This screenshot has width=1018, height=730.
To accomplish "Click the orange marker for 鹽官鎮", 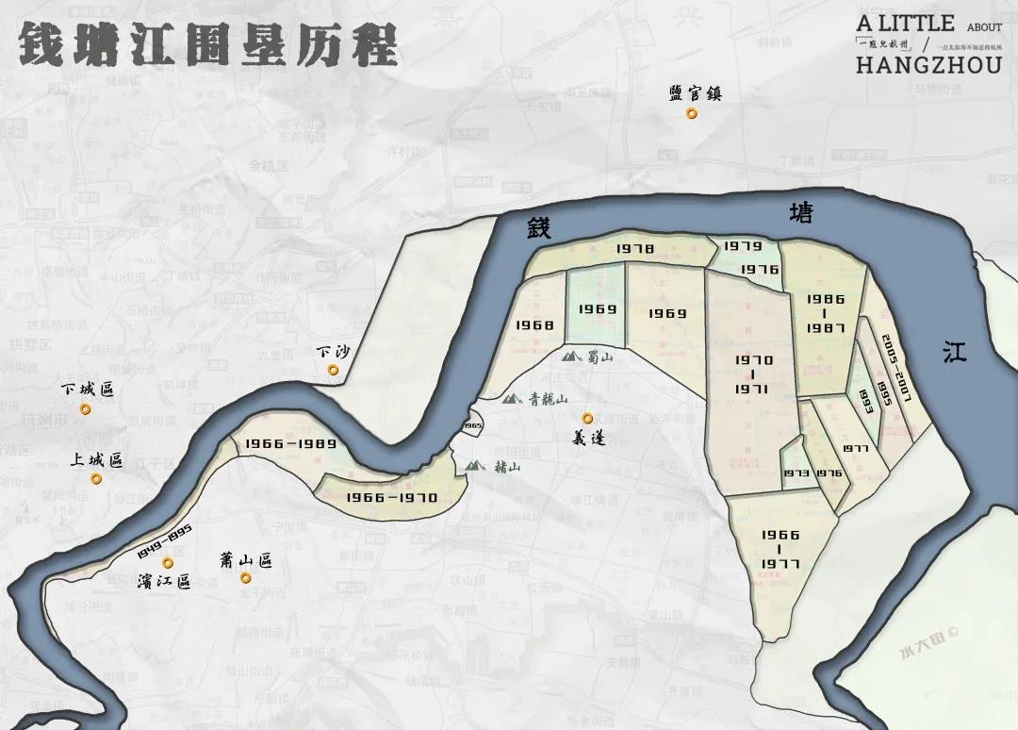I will [x=692, y=113].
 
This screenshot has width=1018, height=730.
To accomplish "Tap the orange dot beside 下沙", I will [x=334, y=370].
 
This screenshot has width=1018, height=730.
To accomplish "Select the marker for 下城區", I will [x=85, y=409].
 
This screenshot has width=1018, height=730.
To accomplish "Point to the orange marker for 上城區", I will [x=96, y=479].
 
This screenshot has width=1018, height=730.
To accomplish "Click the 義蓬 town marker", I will [x=587, y=418].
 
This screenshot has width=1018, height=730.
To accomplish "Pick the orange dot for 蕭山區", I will [x=245, y=577].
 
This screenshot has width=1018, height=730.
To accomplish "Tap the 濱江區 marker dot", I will [x=168, y=563].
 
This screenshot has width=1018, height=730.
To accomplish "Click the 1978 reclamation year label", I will [x=635, y=248].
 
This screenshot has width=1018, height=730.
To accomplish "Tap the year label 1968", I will [x=534, y=324].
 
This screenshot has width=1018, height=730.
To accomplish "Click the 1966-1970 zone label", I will [x=391, y=497].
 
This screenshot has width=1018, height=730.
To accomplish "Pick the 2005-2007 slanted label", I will [x=897, y=365].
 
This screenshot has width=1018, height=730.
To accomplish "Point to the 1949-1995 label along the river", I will [x=153, y=539].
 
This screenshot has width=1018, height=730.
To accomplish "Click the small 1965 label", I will [x=472, y=426].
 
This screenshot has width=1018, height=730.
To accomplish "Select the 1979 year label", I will [x=743, y=246].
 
